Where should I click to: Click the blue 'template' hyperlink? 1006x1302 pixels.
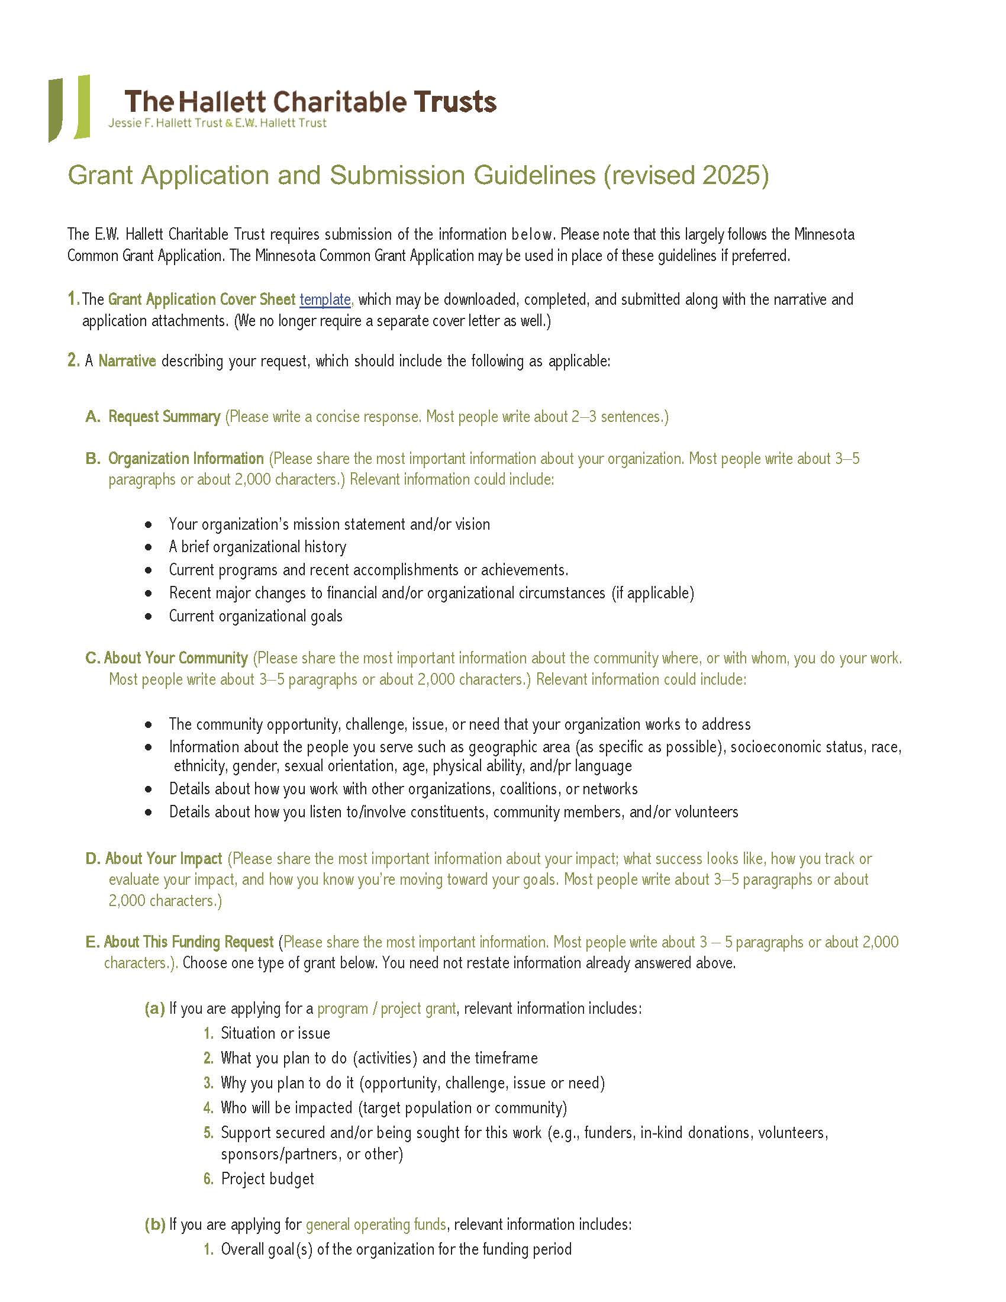point(325,299)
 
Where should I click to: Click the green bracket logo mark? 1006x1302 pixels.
point(69,108)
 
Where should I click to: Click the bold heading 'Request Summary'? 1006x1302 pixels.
point(164,416)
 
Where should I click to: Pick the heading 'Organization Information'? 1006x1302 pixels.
point(185,459)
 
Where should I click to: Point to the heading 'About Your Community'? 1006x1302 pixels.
point(176,658)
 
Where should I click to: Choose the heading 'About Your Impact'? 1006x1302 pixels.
point(163,859)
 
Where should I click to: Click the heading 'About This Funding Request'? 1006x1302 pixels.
point(188,942)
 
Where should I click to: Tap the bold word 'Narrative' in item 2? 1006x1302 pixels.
point(127,360)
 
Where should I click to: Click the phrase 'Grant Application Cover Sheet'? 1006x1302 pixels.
point(201,299)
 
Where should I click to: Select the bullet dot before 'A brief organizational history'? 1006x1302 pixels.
point(149,547)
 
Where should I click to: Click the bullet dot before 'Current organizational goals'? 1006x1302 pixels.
point(149,617)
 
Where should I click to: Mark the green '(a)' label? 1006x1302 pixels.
point(154,1008)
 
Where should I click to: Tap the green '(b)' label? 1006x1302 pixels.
point(154,1224)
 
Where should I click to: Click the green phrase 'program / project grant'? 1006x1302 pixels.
point(386,1008)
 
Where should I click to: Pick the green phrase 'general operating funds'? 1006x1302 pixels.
point(375,1224)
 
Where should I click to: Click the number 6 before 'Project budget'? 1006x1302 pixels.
point(208,1178)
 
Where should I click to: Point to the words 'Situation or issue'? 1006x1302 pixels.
point(275,1033)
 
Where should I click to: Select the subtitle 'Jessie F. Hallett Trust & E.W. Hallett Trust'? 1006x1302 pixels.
point(217,124)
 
